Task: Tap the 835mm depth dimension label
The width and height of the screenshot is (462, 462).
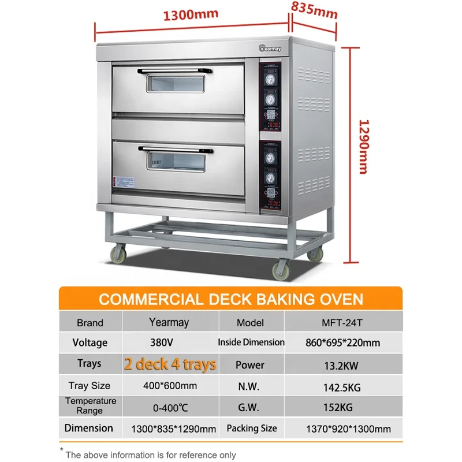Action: [314, 9]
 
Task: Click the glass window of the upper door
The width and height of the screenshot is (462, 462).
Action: [177, 85]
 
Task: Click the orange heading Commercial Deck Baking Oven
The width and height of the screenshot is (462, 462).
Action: [231, 299]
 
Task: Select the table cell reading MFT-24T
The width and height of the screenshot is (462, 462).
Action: [343, 323]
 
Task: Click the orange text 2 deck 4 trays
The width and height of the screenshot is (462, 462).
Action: [170, 364]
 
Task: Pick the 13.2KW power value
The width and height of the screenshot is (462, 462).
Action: [343, 364]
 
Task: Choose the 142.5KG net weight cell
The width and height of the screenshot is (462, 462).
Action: [343, 386]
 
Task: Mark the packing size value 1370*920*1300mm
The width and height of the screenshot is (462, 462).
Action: [349, 429]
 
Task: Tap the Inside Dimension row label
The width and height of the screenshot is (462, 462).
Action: [251, 342]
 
